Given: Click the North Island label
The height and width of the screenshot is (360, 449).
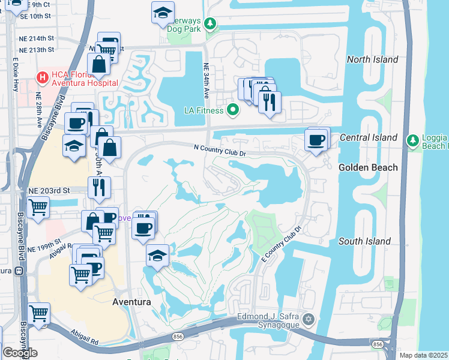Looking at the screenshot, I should click(372, 59).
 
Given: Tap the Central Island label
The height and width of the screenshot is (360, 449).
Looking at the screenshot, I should click(368, 137).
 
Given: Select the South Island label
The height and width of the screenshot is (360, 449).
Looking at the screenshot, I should click(364, 241).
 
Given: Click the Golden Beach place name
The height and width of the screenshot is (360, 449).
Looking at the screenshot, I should click(368, 167).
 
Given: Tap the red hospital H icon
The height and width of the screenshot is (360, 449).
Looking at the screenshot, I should click(42, 77).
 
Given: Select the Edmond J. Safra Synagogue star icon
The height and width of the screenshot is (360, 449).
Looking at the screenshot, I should click(309, 319).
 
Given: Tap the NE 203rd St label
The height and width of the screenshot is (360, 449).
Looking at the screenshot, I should click(49, 190).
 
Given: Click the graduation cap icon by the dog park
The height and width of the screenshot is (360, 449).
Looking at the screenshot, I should click(162, 13).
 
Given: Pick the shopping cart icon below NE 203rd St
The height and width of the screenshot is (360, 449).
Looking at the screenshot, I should click(38, 208).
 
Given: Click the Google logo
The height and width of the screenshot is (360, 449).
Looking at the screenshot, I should click(20, 352).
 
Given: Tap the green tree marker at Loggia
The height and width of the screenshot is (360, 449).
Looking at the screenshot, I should click(412, 140).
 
